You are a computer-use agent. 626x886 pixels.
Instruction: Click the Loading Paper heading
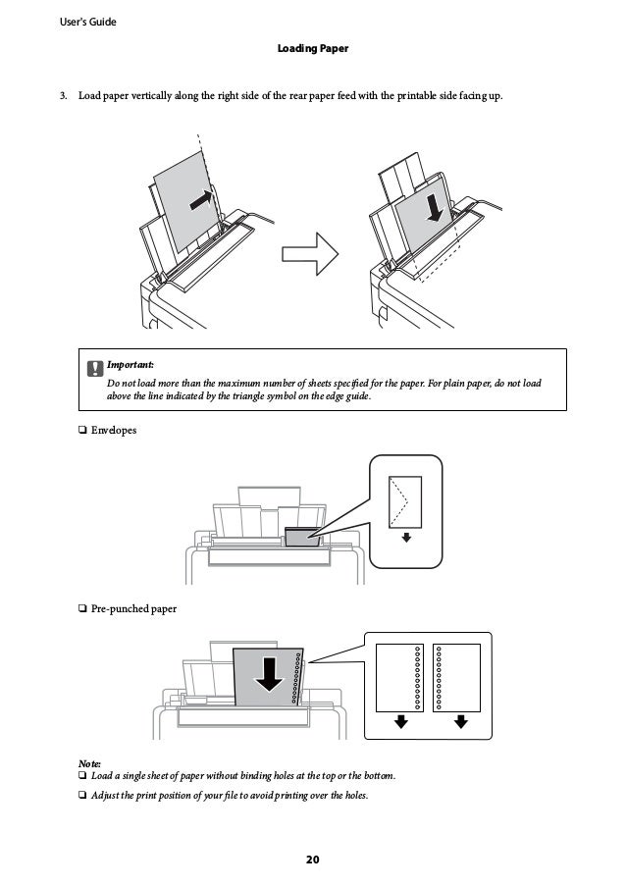[x=313, y=47]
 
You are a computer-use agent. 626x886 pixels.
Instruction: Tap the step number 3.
[x=62, y=95]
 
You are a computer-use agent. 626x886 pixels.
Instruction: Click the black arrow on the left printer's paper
[x=199, y=199]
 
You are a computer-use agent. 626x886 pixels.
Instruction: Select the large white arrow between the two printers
[x=309, y=255]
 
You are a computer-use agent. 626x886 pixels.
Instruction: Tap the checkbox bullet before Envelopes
[x=81, y=430]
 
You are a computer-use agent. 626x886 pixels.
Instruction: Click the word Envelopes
[x=114, y=430]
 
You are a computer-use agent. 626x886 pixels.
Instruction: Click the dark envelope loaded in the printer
[x=300, y=536]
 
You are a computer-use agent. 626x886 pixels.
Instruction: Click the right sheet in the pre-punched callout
[x=456, y=676]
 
